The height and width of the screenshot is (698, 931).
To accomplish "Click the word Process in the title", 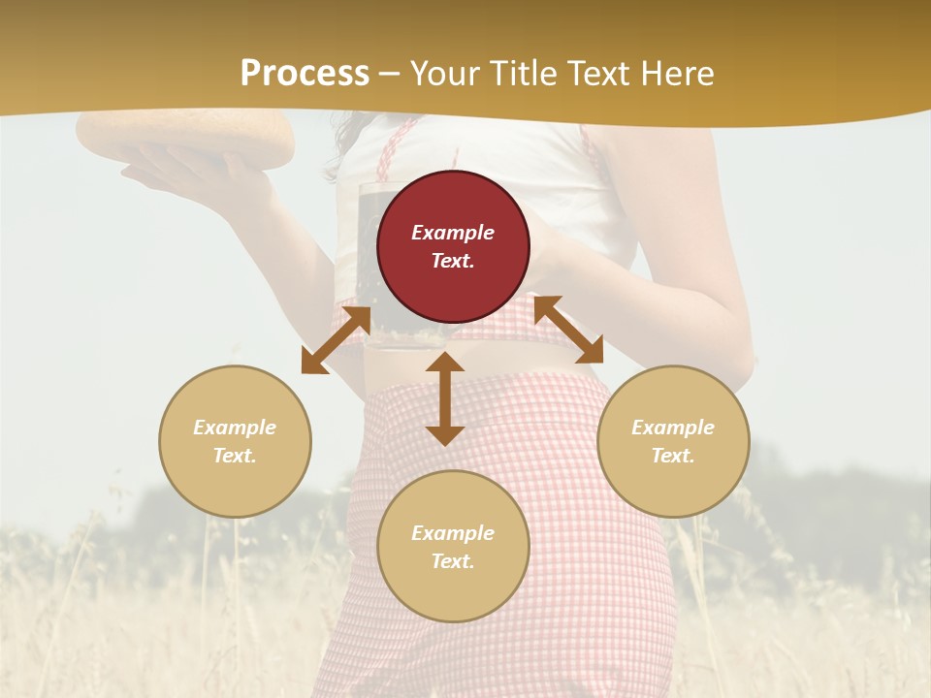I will pyautogui.click(x=305, y=74).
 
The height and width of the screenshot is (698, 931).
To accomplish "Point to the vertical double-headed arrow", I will pyautogui.click(x=445, y=398).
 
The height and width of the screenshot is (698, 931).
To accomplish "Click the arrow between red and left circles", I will pyautogui.click(x=337, y=339).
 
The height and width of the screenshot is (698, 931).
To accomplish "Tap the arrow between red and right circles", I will pyautogui.click(x=568, y=330).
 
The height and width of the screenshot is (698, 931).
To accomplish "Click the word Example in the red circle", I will pyautogui.click(x=453, y=233).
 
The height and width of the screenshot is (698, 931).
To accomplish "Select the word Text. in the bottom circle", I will pyautogui.click(x=453, y=561).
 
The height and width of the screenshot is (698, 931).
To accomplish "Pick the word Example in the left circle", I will pyautogui.click(x=235, y=428).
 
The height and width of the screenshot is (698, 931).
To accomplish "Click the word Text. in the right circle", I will pyautogui.click(x=673, y=456).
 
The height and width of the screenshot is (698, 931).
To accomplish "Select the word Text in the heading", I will pyautogui.click(x=595, y=74).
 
